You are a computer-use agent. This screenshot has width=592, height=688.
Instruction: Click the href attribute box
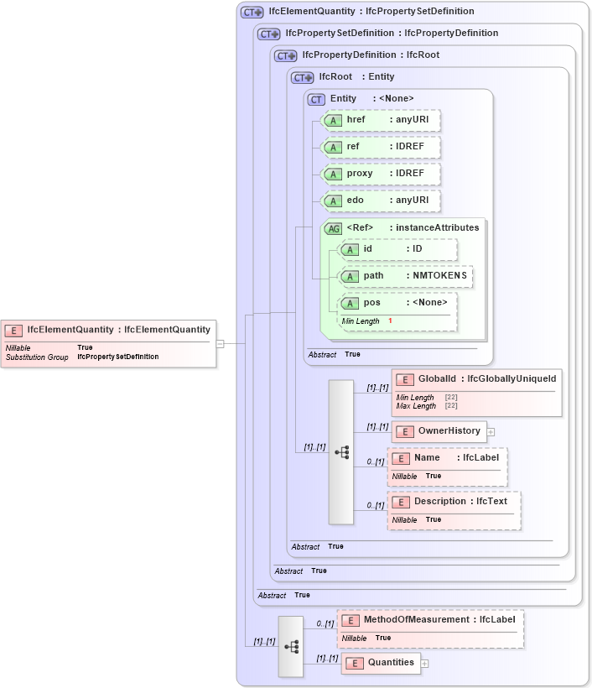coord(381,120)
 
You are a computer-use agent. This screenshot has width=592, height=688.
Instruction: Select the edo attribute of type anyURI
coord(381,201)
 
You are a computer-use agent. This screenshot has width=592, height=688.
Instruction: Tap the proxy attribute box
coord(381,174)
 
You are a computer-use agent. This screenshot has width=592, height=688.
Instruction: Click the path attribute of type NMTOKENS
coord(405,276)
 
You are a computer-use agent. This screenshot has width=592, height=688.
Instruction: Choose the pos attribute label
coord(371,303)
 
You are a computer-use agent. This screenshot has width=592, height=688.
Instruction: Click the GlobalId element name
coord(437,379)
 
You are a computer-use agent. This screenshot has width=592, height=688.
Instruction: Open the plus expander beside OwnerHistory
coord(491,432)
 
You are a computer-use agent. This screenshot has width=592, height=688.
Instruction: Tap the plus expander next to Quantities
coord(424,664)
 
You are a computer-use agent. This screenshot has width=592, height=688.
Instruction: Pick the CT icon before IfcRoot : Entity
coord(301,77)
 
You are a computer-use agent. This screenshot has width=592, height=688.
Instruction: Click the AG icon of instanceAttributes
coord(333,228)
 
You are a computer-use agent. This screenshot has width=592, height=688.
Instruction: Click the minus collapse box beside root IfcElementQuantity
coord(220,343)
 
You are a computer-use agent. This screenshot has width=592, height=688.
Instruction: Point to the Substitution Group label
coord(37,357)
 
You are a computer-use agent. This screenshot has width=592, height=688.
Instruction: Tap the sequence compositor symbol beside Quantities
coord(291,646)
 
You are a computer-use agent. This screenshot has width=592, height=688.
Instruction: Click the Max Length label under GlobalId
coord(416,406)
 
